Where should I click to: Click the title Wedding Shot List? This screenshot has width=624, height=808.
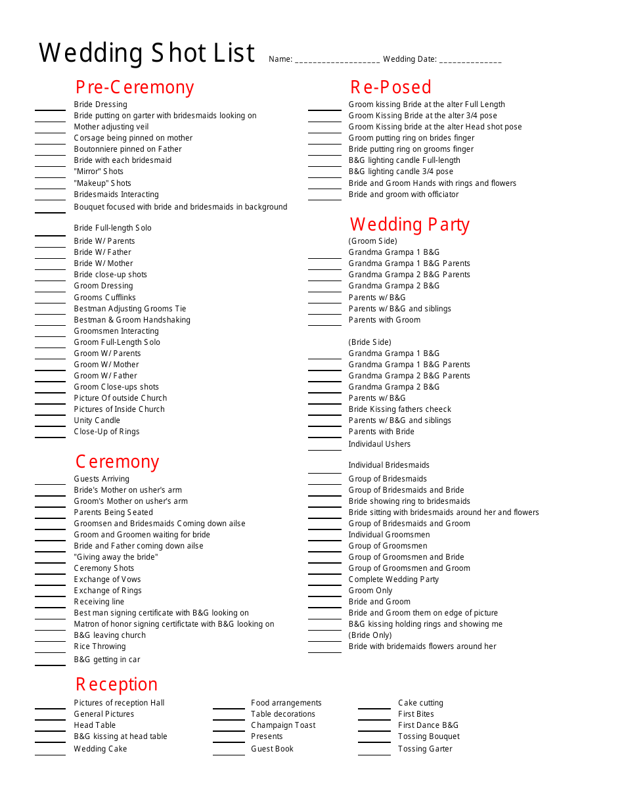[x=146, y=53]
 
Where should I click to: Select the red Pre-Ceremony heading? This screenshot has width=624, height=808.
[x=135, y=87]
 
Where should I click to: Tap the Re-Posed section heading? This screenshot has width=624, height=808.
[x=391, y=87]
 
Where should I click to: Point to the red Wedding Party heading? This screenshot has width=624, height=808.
[x=410, y=225]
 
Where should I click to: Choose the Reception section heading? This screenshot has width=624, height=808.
[x=116, y=685]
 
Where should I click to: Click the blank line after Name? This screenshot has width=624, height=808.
[x=338, y=60]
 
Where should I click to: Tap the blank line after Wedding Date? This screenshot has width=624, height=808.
[x=470, y=60]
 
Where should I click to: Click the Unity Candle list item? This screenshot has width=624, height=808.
[x=97, y=420]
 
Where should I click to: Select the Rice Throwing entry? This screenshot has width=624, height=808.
[x=100, y=646]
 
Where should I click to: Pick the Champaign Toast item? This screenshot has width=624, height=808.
[x=283, y=725]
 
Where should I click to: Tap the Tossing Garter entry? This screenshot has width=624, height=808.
[x=425, y=749]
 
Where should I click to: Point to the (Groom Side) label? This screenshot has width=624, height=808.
[x=373, y=241]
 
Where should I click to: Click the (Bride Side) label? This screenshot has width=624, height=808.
[x=370, y=342]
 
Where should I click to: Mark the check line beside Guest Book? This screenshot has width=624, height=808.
[x=229, y=754]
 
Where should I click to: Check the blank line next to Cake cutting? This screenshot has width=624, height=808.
[x=374, y=708]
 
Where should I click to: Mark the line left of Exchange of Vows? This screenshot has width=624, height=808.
[x=50, y=585]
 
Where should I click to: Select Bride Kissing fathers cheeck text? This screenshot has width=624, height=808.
[x=400, y=409]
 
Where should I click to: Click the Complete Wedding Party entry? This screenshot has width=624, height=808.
[x=393, y=579]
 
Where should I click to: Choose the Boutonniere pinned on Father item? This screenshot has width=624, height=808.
[x=128, y=149]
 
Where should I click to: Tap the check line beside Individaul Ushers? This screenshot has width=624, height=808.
[x=324, y=449]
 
